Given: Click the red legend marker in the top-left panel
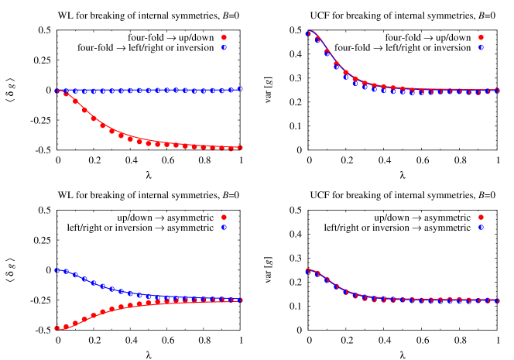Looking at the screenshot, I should pos(224,37).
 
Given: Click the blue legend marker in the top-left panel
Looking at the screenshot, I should pos(224,47).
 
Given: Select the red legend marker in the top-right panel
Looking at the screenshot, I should pos(481,37).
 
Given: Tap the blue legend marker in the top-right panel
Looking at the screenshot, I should pos(481,47).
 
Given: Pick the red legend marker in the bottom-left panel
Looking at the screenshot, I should pos(224,218).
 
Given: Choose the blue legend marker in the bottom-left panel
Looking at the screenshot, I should pos(224,228).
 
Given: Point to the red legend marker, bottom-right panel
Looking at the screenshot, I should pos(481,218).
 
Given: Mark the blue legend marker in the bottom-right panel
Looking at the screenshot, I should pos(481,228).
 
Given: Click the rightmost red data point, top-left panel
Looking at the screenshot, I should pos(240,147).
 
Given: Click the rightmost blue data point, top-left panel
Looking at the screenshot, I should pos(240,89).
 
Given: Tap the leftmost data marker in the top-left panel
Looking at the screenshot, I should pos(57,91).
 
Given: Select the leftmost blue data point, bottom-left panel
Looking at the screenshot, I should pos(57,270).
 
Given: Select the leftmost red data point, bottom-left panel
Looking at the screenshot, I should pos(57,328).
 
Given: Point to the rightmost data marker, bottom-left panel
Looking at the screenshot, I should pos(240,300).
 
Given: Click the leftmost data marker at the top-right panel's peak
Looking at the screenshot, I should pos(307,33).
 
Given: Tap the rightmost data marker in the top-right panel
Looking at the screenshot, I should pos(497,91).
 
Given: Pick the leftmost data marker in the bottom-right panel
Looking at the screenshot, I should pos(307,271).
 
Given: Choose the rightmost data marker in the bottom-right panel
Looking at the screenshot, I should pos(497,300).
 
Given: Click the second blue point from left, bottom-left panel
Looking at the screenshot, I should pos(66,272).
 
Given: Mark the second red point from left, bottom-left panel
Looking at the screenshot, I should pos(66,327).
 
